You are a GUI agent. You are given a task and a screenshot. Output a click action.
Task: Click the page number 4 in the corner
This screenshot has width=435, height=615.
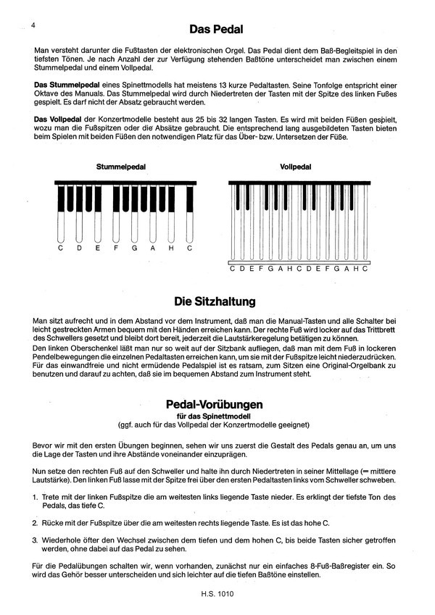coord(34,25)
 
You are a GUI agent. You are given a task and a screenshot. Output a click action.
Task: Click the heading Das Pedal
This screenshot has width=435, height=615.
coord(216,30)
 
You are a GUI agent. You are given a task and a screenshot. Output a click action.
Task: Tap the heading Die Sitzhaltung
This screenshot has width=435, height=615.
coord(216,299)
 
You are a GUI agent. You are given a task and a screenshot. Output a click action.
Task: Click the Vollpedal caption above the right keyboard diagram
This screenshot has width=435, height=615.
coord(295,167)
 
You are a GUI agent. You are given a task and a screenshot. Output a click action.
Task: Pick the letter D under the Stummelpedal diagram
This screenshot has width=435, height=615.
coord(80,248)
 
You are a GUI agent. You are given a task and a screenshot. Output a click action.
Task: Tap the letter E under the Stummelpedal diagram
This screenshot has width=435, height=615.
coord(98,248)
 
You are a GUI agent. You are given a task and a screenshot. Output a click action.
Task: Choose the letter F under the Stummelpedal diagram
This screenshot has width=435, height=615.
coord(116,248)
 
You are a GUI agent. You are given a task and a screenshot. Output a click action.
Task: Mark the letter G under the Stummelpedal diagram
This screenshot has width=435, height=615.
coord(134,248)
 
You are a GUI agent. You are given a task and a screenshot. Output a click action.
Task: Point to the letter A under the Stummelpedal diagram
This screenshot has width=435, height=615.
coord(152,248)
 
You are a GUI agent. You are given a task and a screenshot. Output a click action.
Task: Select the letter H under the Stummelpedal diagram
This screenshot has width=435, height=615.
coord(170,248)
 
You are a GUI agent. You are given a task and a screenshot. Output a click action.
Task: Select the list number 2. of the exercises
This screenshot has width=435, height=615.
coord(37,522)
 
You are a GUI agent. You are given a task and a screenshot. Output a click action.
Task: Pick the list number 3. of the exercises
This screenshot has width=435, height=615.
coord(37,539)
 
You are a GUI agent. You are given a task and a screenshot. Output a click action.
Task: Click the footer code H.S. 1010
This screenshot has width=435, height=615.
coord(217,594)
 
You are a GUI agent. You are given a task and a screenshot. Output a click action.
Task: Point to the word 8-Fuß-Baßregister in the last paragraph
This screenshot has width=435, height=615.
coord(340,565)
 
